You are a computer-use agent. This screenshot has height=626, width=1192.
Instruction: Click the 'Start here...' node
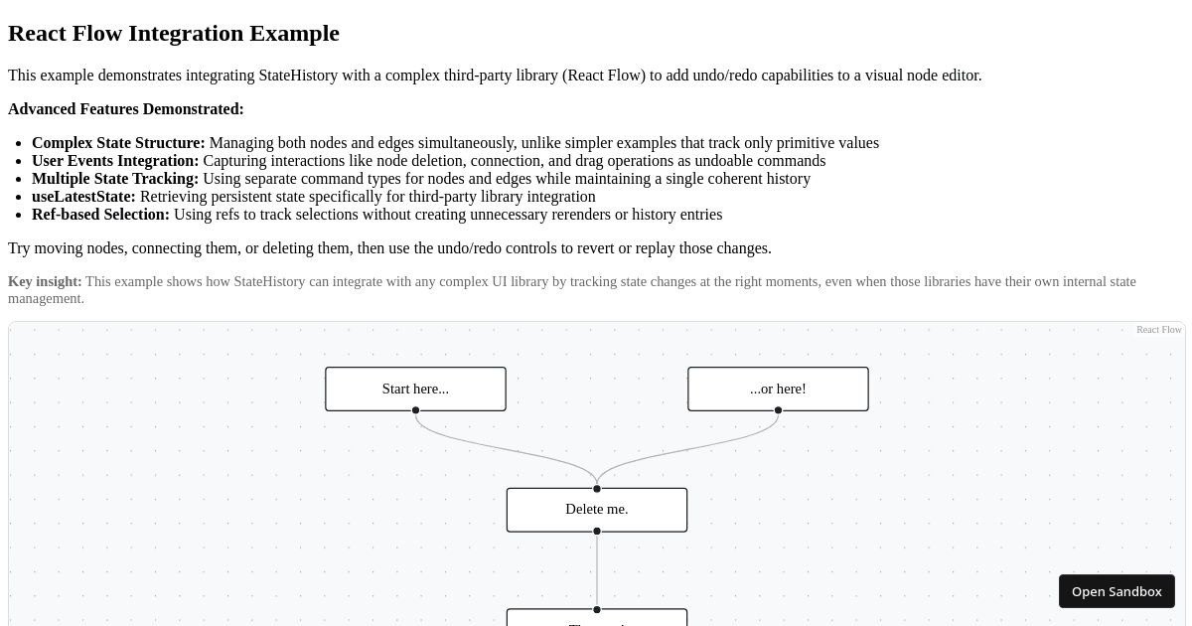click(x=415, y=389)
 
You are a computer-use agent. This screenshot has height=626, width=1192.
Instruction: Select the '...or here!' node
click(x=778, y=389)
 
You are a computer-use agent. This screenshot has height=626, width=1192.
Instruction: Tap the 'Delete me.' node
click(x=596, y=509)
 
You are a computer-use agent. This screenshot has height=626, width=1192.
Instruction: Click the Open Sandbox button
click(x=1117, y=591)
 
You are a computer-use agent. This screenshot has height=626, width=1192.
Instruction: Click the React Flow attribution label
click(x=1158, y=330)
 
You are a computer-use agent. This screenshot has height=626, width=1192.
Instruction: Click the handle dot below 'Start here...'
click(x=415, y=410)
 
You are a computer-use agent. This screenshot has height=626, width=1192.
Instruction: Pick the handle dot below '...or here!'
click(x=778, y=410)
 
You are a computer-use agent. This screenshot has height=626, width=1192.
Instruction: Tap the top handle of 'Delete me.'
click(x=597, y=489)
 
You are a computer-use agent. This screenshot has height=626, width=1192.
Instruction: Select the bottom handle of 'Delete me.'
click(x=597, y=532)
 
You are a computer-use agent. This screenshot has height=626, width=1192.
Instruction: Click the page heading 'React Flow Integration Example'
click(x=174, y=33)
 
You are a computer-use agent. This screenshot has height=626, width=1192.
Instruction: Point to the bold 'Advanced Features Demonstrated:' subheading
click(x=126, y=109)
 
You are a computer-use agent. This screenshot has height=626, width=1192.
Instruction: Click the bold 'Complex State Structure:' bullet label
click(x=118, y=143)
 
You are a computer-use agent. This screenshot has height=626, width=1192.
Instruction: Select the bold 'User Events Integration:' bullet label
click(x=115, y=161)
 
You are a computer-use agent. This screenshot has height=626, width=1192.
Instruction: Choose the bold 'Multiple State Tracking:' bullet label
click(x=115, y=179)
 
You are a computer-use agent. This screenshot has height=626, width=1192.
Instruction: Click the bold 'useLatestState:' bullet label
click(x=83, y=197)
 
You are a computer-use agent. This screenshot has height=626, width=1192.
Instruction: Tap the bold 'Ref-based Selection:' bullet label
click(x=100, y=215)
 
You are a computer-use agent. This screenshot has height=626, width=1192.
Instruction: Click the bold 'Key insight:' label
click(x=45, y=282)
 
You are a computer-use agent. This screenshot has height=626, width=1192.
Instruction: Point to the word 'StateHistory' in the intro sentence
click(x=298, y=76)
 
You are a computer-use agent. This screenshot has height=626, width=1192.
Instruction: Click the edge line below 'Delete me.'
click(x=597, y=570)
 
